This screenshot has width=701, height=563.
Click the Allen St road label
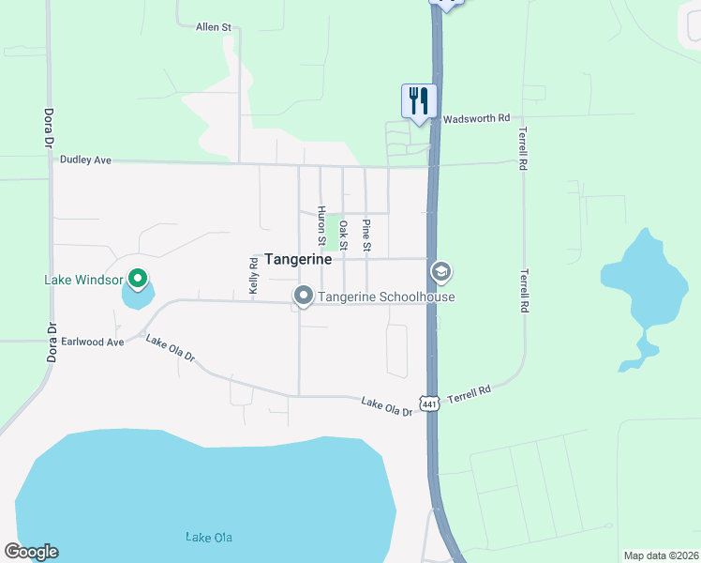click(213, 28)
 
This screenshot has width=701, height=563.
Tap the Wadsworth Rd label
click(476, 119)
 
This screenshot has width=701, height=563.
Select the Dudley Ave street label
click(85, 160)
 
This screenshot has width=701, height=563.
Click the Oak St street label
click(344, 235)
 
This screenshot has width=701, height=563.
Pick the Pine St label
click(366, 235)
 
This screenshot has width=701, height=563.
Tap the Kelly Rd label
click(253, 277)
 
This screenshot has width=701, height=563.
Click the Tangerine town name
click(298, 259)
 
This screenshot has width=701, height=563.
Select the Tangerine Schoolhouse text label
click(386, 297)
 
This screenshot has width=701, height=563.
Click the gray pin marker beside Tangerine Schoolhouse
click(303, 297)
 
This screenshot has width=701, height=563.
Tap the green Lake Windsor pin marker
click(137, 278)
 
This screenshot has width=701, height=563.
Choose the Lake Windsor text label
click(84, 280)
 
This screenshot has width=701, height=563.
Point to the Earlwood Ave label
click(93, 342)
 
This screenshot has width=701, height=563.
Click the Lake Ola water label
click(208, 538)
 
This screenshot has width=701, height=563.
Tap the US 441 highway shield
click(429, 403)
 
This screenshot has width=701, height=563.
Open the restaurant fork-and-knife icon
click(418, 100)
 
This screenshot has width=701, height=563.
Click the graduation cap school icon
click(440, 272)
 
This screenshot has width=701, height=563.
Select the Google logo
click(31, 552)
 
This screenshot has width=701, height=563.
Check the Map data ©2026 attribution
click(660, 555)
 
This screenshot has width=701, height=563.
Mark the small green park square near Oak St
click(333, 232)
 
